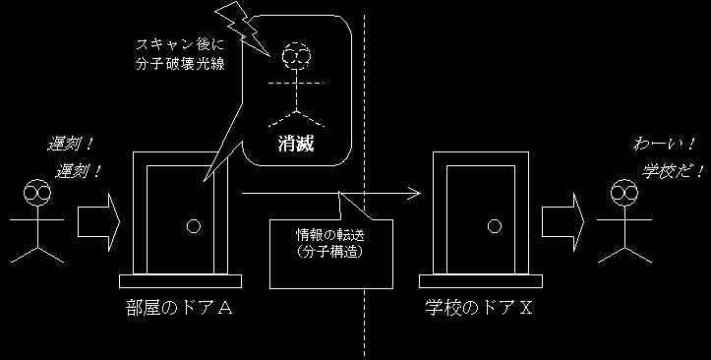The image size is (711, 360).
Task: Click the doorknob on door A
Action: (x=194, y=226)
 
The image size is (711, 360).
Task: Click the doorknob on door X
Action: (x=495, y=226)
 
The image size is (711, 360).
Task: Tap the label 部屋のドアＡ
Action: (x=180, y=308)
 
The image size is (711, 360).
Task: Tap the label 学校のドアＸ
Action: (x=479, y=308)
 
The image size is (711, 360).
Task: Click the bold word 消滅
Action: (x=296, y=144)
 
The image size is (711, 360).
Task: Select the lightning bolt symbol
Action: (x=243, y=29)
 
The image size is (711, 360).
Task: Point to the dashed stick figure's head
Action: (x=296, y=56)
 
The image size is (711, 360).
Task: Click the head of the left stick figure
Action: (x=37, y=192)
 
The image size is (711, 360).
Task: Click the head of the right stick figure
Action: (x=624, y=192)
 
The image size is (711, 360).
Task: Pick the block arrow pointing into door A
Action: (x=98, y=222)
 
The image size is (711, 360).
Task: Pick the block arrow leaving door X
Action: (x=563, y=222)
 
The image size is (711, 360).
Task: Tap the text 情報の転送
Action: (x=330, y=235)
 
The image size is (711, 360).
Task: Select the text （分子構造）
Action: (x=330, y=252)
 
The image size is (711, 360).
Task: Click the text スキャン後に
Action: (x=180, y=44)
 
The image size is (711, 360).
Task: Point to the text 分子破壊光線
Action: (x=180, y=64)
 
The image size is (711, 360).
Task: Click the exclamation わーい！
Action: (x=664, y=145)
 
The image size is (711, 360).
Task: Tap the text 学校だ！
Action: (x=673, y=171)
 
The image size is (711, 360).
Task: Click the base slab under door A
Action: (x=181, y=281)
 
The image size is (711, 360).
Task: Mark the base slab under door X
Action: (x=481, y=281)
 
